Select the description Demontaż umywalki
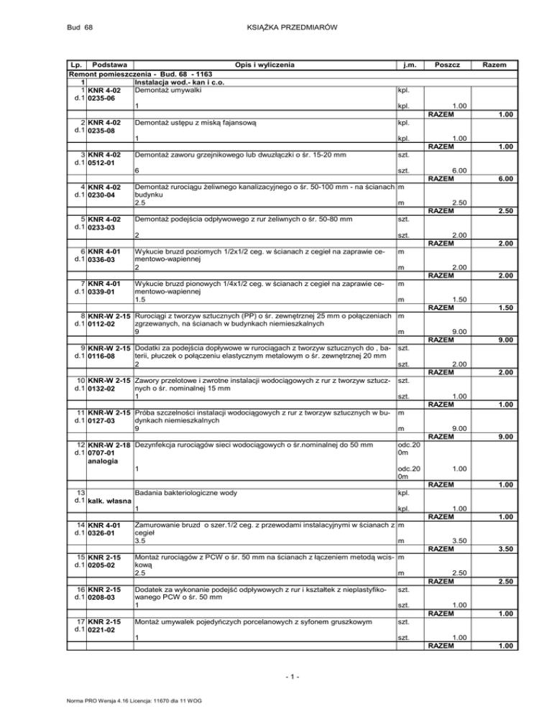coord(167,91)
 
